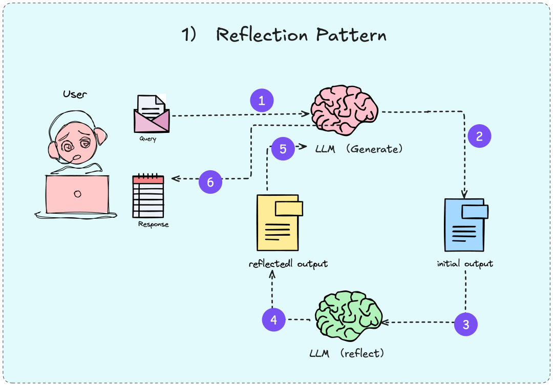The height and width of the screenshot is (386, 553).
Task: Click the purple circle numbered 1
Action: click(262, 101)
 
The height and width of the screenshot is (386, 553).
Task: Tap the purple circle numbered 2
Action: click(479, 136)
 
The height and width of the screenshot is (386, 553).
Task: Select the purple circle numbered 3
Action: click(466, 324)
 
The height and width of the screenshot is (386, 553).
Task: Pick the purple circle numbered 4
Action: click(274, 320)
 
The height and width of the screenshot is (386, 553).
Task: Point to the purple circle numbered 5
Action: click(283, 149)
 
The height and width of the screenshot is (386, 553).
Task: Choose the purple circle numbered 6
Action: click(210, 181)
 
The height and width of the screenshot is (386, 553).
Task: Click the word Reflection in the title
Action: click(262, 35)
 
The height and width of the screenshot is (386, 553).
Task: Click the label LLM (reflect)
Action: click(347, 353)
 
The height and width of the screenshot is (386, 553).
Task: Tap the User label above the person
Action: click(75, 94)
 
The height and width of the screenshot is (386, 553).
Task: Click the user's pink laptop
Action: click(77, 194)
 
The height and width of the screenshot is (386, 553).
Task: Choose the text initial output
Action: click(465, 264)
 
